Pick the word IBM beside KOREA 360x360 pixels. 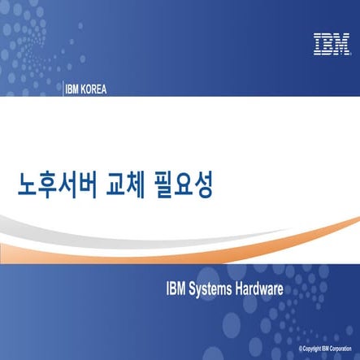pos(73,89)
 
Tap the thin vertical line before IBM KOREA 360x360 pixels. pos(62,89)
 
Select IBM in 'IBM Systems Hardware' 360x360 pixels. pos(176,288)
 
